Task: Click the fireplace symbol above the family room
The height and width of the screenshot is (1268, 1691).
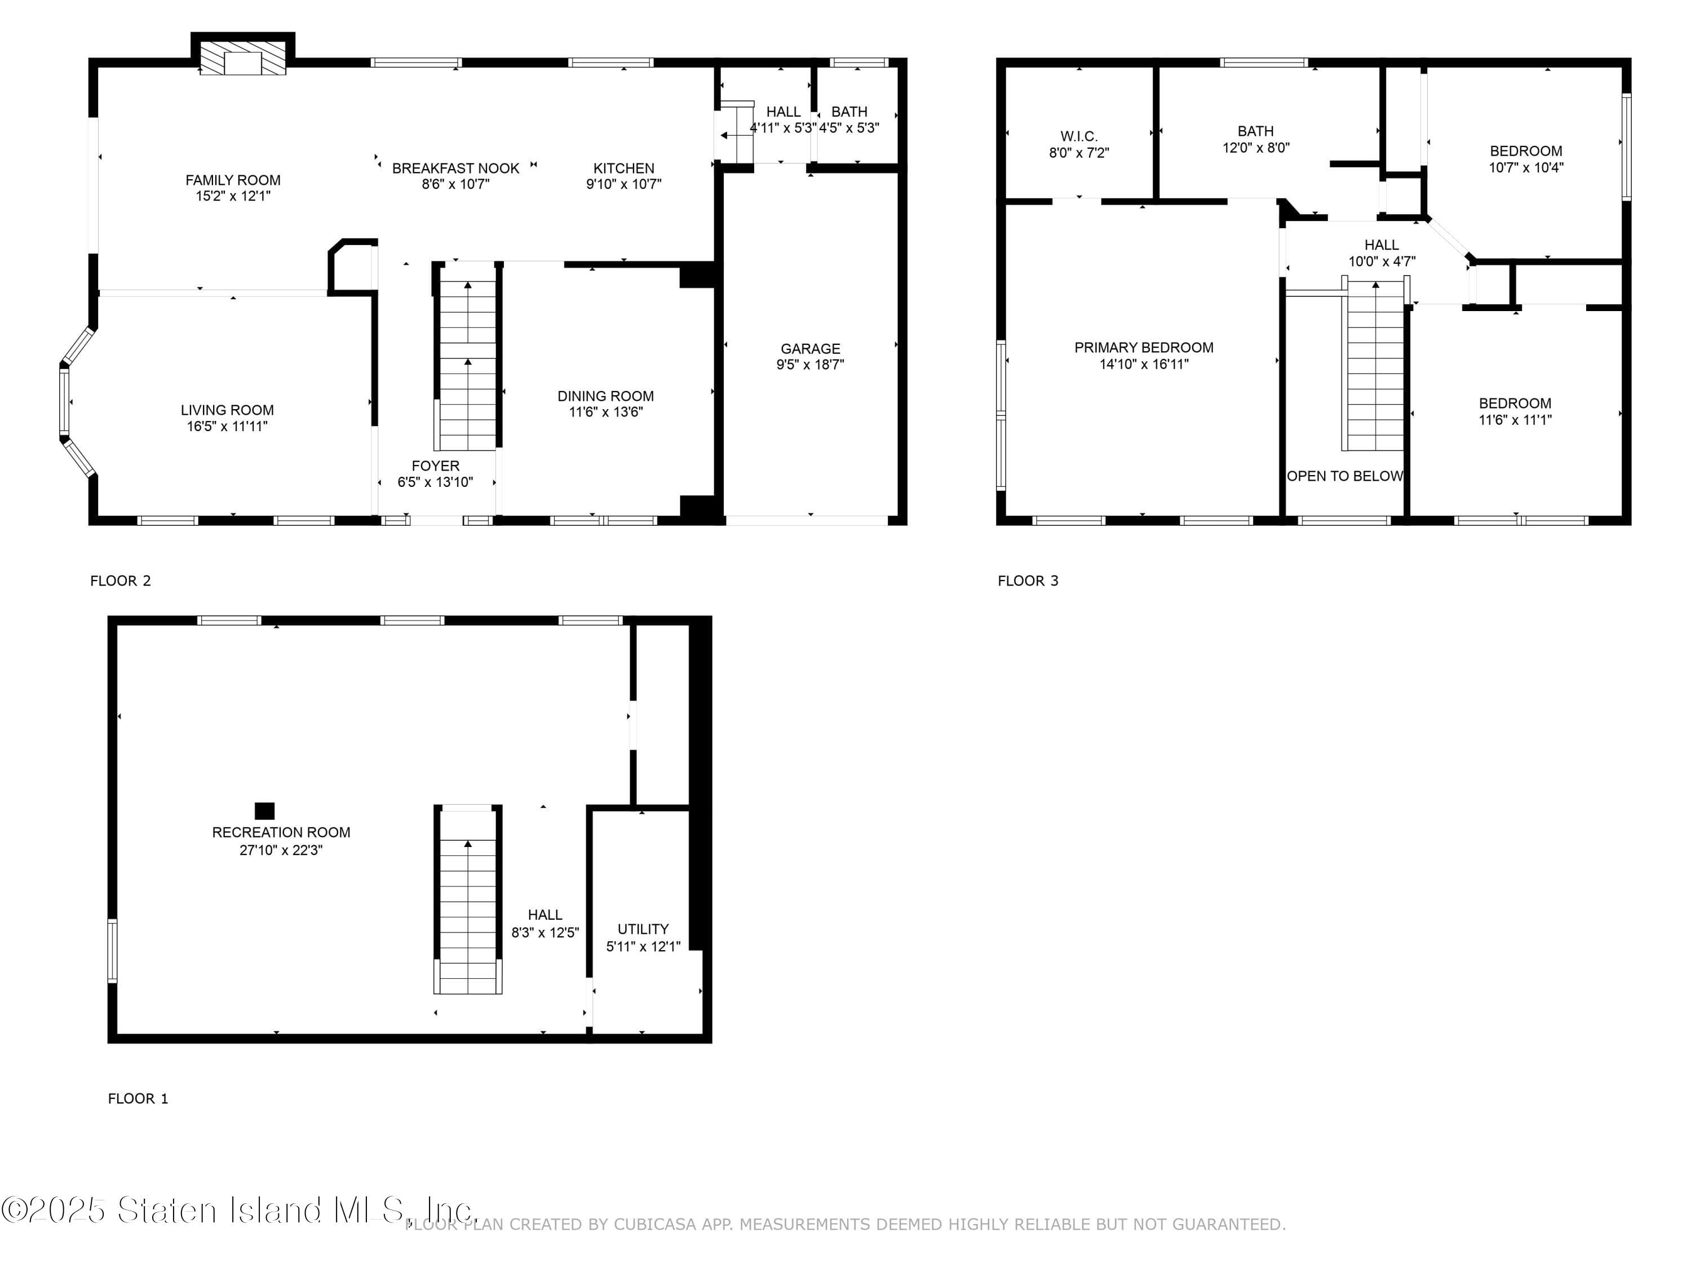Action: coord(242,58)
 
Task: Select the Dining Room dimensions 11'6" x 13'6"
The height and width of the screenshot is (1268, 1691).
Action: coord(605,412)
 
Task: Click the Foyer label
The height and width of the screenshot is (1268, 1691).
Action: coord(435,465)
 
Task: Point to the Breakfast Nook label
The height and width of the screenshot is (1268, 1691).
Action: coord(455,168)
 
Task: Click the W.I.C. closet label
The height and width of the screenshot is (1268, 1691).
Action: coord(1079,136)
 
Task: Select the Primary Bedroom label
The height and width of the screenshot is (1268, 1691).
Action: coord(1144,348)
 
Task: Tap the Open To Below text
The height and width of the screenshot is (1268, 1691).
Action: coord(1345,476)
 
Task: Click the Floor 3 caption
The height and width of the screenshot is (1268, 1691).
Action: coord(1028,581)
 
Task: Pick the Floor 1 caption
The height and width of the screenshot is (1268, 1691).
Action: coord(138,1098)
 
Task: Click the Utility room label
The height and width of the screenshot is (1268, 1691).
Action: coord(643,929)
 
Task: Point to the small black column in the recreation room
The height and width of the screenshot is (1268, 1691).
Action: coord(264,810)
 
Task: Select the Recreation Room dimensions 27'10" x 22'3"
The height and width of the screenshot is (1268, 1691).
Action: coord(281,850)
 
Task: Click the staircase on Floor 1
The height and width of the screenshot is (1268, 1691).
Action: coord(468,902)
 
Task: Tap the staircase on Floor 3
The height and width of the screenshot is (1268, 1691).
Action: coord(1375,367)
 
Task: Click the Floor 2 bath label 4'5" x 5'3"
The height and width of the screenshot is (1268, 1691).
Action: coord(849,127)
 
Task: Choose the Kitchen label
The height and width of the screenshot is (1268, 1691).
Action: coord(624,168)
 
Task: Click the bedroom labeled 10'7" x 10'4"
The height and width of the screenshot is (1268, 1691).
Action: coord(1525,152)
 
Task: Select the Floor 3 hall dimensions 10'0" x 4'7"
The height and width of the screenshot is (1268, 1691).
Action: coord(1382,261)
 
